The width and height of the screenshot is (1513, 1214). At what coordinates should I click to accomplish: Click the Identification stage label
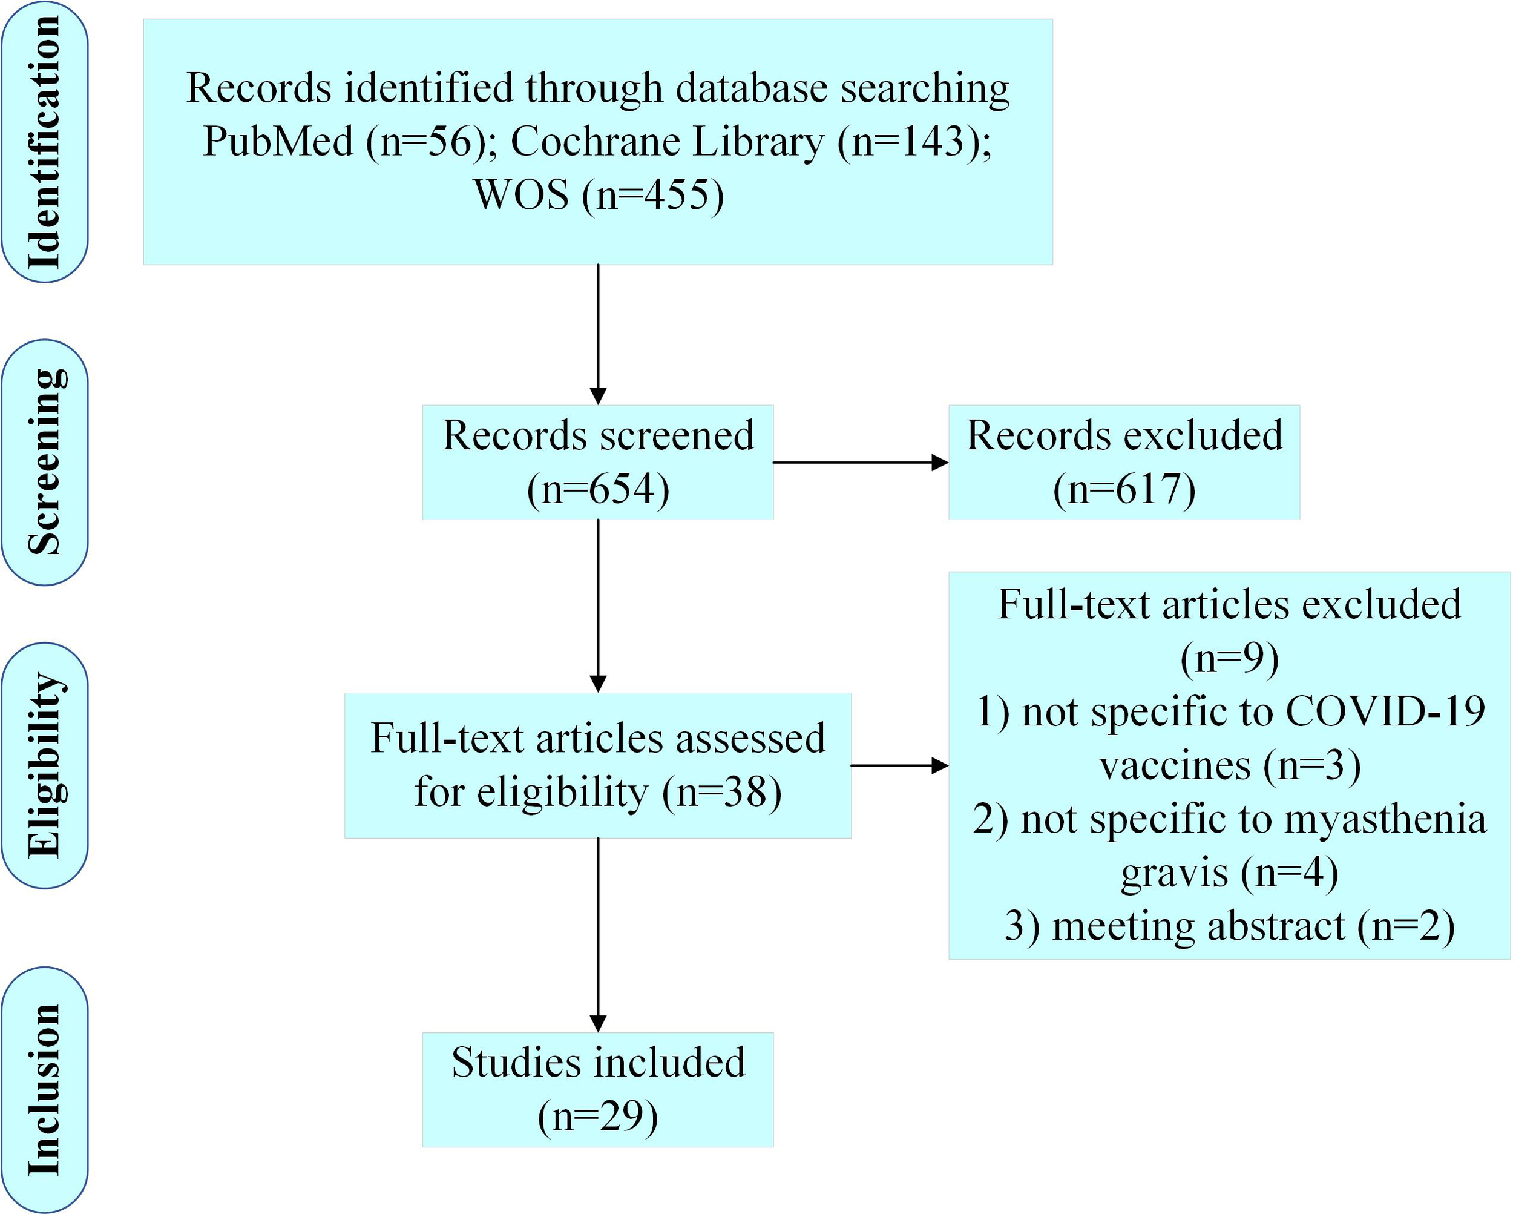pos(44,142)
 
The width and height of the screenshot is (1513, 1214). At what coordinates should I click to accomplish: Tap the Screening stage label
pos(44,462)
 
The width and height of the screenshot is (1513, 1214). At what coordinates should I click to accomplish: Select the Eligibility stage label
pos(44,765)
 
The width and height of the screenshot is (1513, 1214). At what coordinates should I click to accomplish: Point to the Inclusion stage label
pos(44,1089)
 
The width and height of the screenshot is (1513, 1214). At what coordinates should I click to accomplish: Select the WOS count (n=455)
pos(652,195)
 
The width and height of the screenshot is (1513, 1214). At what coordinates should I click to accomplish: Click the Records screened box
pos(598,462)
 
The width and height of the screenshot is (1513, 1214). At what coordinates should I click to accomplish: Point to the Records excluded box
pos(1124,462)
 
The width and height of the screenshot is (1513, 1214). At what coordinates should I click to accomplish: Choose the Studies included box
pos(598,1089)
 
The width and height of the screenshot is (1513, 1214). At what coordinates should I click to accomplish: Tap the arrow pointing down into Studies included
pos(598,934)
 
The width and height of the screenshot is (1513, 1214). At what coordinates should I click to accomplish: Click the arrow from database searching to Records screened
pos(598,334)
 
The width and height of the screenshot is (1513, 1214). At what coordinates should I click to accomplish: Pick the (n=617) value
pos(1124,489)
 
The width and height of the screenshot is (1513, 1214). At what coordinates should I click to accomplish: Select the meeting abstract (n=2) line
pos(1230,927)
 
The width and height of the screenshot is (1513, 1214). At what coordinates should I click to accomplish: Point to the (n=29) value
pos(598,1117)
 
